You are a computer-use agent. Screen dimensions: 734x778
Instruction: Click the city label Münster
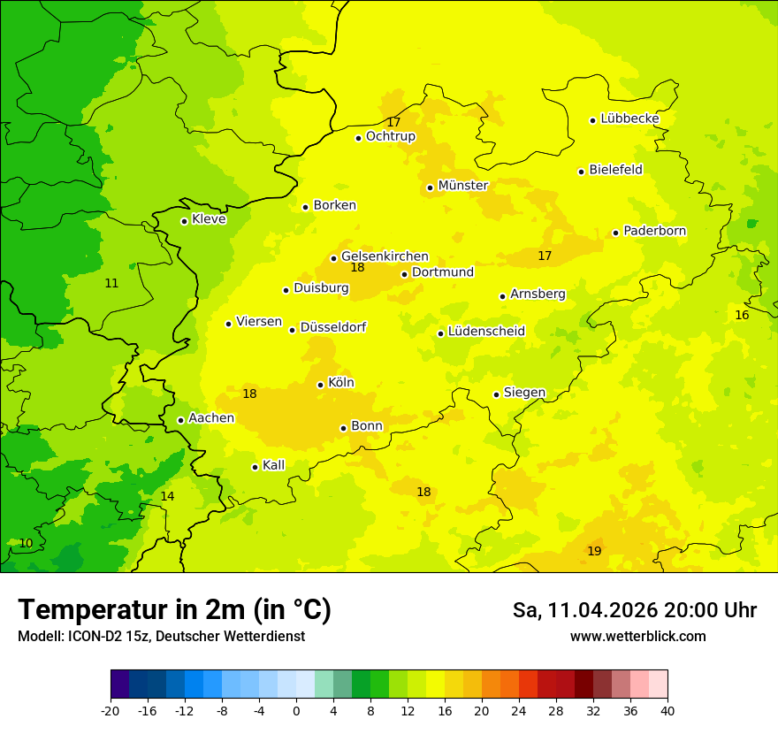pos(462,186)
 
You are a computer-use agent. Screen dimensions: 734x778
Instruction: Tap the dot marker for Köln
pos(320,385)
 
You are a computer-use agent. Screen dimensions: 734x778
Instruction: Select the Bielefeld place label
pos(615,170)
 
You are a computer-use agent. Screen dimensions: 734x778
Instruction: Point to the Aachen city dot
pos(180,420)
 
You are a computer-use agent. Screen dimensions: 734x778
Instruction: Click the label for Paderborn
pos(654,231)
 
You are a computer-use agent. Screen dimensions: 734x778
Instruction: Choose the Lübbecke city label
pos(629,119)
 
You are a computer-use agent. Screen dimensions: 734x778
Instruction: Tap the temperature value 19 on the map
pos(594,551)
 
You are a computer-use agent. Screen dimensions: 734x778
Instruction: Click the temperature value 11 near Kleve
pos(111,283)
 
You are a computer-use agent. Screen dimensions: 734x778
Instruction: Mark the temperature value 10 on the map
pos(26,543)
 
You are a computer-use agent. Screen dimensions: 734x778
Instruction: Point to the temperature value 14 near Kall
pos(167,496)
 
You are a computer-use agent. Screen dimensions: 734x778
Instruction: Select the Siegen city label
pos(524,393)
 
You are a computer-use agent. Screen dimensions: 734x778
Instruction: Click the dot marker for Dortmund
pos(404,274)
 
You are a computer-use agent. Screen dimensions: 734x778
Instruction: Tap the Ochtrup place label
pos(390,136)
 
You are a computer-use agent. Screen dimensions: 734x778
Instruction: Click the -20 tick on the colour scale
pos(111,710)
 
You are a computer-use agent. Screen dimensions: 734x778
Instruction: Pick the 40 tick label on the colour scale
pos(667,710)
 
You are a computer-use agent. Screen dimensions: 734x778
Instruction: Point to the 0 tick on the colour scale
pos(296,710)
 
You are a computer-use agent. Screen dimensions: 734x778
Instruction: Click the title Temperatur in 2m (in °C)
pos(174,609)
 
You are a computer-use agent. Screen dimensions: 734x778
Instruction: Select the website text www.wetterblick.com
pos(637,636)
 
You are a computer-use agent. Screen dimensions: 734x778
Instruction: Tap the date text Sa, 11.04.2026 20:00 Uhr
pos(634,610)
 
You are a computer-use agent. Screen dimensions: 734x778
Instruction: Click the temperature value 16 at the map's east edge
pos(742,315)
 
